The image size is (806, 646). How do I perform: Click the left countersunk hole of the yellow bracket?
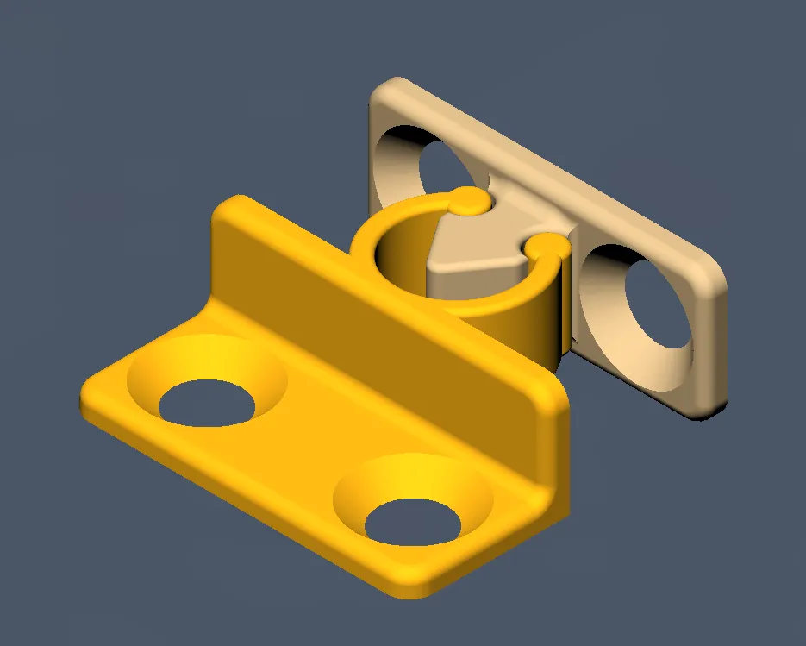click(x=207, y=402)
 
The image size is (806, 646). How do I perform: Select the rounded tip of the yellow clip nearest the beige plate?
click(x=467, y=203)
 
